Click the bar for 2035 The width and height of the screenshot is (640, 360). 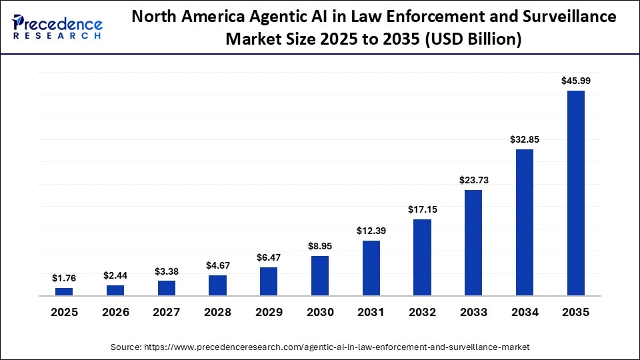[x=576, y=193]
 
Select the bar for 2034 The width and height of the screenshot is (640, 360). [x=525, y=223]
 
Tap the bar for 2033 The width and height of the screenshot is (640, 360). [x=473, y=243]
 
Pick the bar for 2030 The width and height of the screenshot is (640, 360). [x=320, y=276]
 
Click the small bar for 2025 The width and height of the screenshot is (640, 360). [x=64, y=292]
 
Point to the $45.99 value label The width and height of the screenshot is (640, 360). [x=576, y=81]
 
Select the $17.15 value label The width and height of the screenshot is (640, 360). [x=423, y=209]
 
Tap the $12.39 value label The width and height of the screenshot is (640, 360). [x=371, y=231]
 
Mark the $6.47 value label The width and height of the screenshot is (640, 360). [x=269, y=257]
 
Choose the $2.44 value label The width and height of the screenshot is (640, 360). [x=115, y=275]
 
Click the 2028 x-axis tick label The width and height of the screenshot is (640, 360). [x=217, y=313]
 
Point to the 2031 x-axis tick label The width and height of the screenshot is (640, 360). [x=371, y=313]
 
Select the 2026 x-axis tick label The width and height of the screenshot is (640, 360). [x=115, y=313]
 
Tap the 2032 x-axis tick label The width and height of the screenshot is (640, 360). [x=423, y=313]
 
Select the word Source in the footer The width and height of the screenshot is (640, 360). [x=125, y=347]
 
